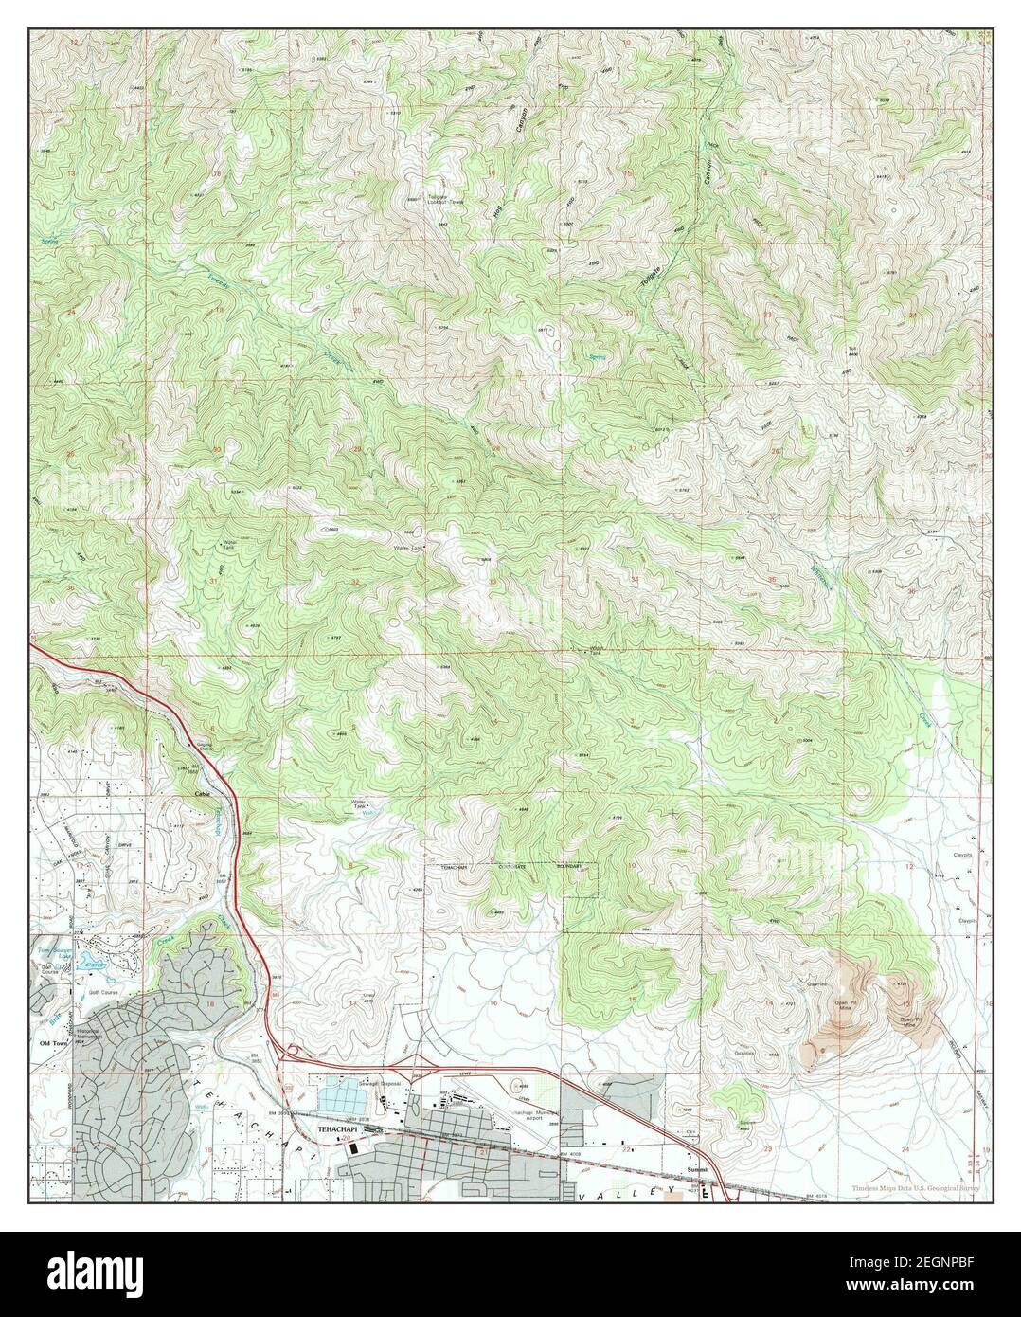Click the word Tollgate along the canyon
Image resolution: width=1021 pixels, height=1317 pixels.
point(651,282)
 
